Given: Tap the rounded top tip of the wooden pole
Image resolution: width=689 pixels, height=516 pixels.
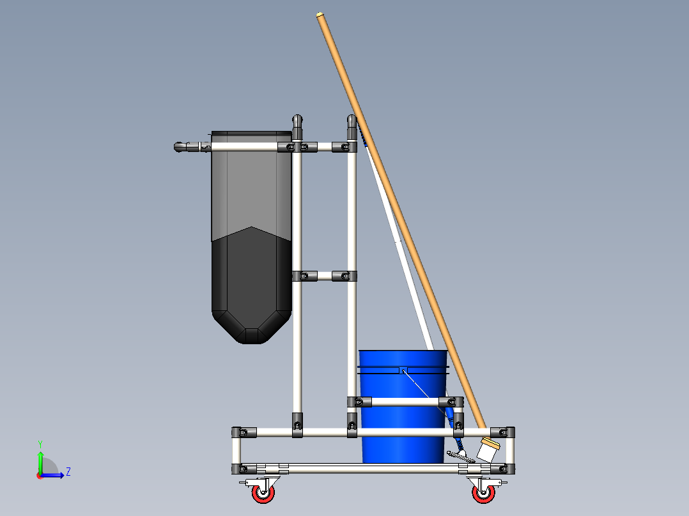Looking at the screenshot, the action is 320,15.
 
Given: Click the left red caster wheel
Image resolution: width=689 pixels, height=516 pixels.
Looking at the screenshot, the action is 263,493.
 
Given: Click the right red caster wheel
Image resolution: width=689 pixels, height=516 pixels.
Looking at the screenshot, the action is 483,493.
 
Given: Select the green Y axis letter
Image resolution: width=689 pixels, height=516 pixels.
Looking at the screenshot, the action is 40,444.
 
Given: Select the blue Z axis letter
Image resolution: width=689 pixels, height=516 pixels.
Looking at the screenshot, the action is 68,472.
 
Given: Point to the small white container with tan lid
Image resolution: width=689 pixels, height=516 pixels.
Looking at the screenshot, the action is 488,450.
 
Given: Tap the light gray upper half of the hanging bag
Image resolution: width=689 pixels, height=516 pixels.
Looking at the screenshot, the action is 251,185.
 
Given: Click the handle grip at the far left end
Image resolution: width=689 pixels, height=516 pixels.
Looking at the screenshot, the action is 187,147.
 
